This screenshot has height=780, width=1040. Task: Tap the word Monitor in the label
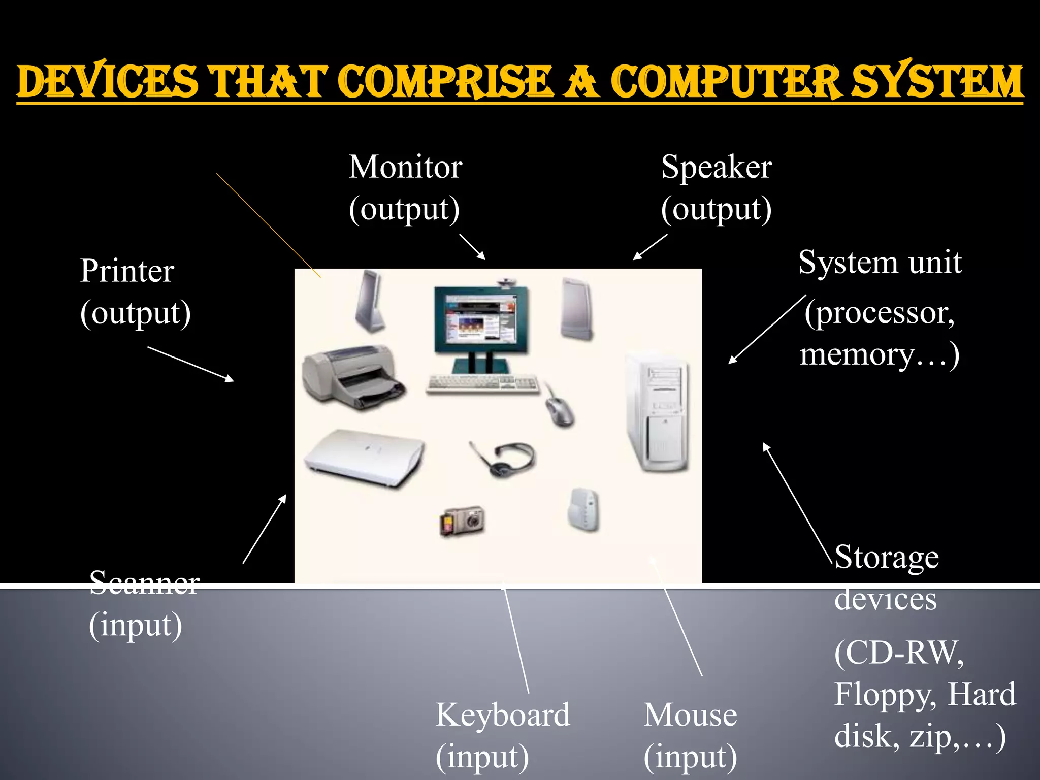[405, 167]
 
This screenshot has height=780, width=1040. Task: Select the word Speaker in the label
[716, 167]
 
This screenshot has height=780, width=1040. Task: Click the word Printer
[127, 271]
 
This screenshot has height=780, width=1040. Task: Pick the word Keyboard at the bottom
[503, 715]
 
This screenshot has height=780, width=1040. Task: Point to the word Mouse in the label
[690, 715]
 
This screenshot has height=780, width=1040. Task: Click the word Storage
[887, 558]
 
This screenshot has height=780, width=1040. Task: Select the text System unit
[880, 263]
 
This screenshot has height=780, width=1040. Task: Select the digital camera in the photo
[462, 520]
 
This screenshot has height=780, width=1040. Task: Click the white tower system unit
[658, 411]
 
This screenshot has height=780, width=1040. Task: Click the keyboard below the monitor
[482, 383]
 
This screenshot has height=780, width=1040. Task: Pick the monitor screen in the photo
[480, 320]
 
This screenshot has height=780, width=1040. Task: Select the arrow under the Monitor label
[472, 247]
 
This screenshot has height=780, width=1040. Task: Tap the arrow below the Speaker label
[650, 247]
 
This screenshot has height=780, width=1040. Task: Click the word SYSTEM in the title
[936, 81]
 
